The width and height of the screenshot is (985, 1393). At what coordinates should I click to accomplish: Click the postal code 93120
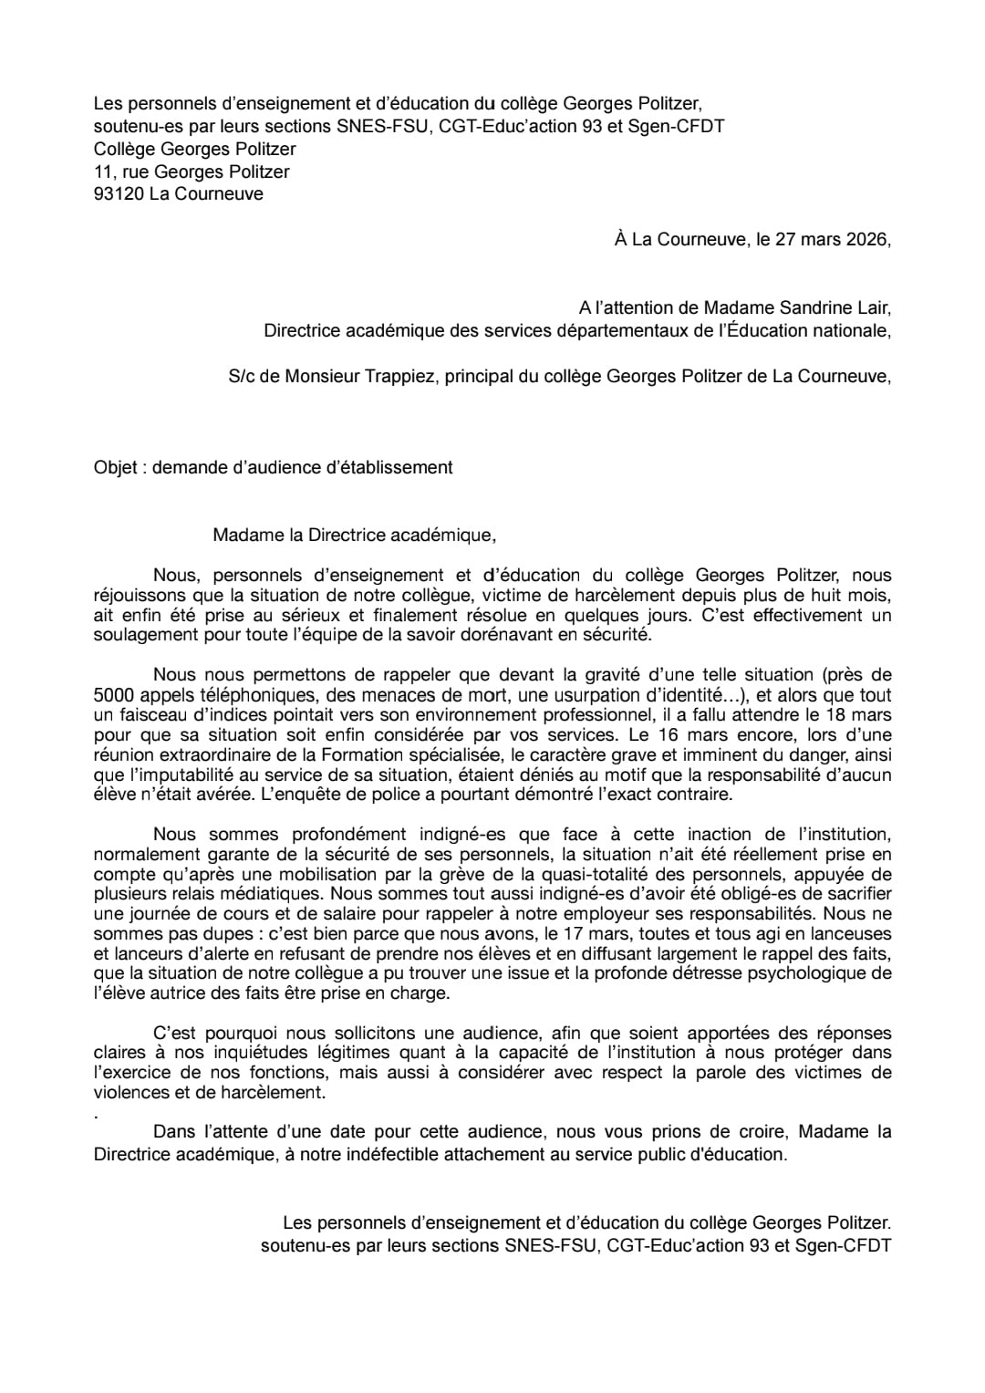(x=119, y=193)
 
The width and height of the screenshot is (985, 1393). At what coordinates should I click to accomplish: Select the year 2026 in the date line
(x=866, y=240)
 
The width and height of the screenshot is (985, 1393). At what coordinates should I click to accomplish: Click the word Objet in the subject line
(x=115, y=467)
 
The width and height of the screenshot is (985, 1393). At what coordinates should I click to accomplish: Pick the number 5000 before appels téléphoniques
(x=112, y=695)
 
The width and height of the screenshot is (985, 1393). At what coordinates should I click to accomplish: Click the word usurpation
(x=570, y=695)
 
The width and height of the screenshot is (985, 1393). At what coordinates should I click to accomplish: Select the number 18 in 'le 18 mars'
(x=835, y=714)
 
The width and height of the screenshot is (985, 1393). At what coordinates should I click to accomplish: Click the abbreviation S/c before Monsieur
(x=242, y=376)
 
